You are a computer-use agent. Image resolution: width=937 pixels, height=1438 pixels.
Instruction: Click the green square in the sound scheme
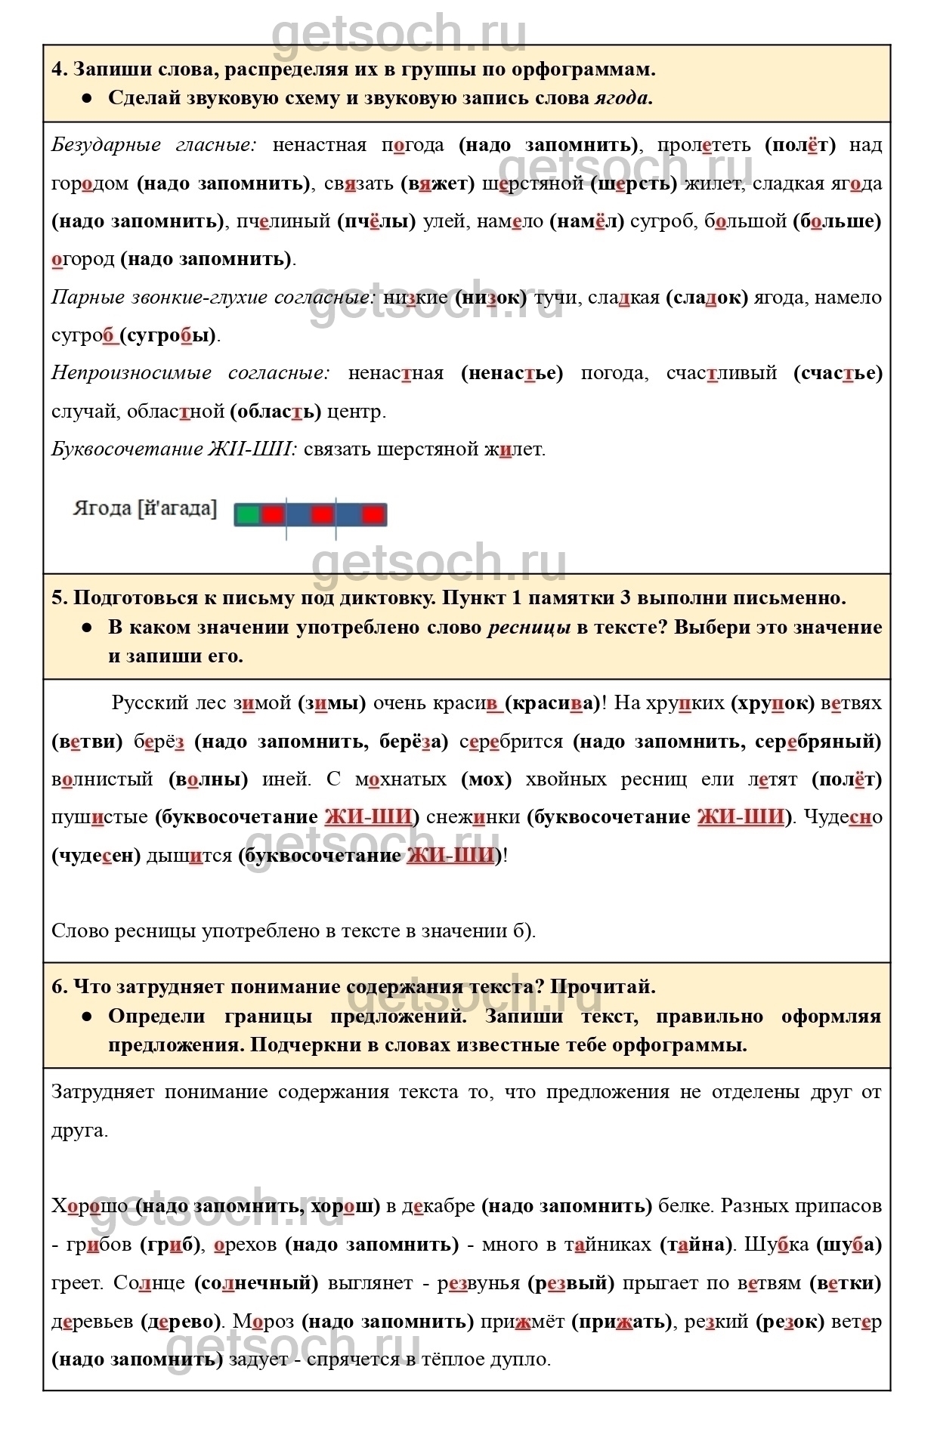247,515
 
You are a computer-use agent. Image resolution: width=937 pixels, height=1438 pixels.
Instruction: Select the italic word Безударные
107,145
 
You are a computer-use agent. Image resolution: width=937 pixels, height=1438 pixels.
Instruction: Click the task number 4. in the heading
60,69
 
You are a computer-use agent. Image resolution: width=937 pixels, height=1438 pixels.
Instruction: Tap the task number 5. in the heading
60,598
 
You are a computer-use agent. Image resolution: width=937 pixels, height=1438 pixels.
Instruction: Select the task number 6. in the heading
60,987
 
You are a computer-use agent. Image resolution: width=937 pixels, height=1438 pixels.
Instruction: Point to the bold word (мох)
486,779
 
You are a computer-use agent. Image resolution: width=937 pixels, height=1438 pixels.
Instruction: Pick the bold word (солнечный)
256,1283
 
